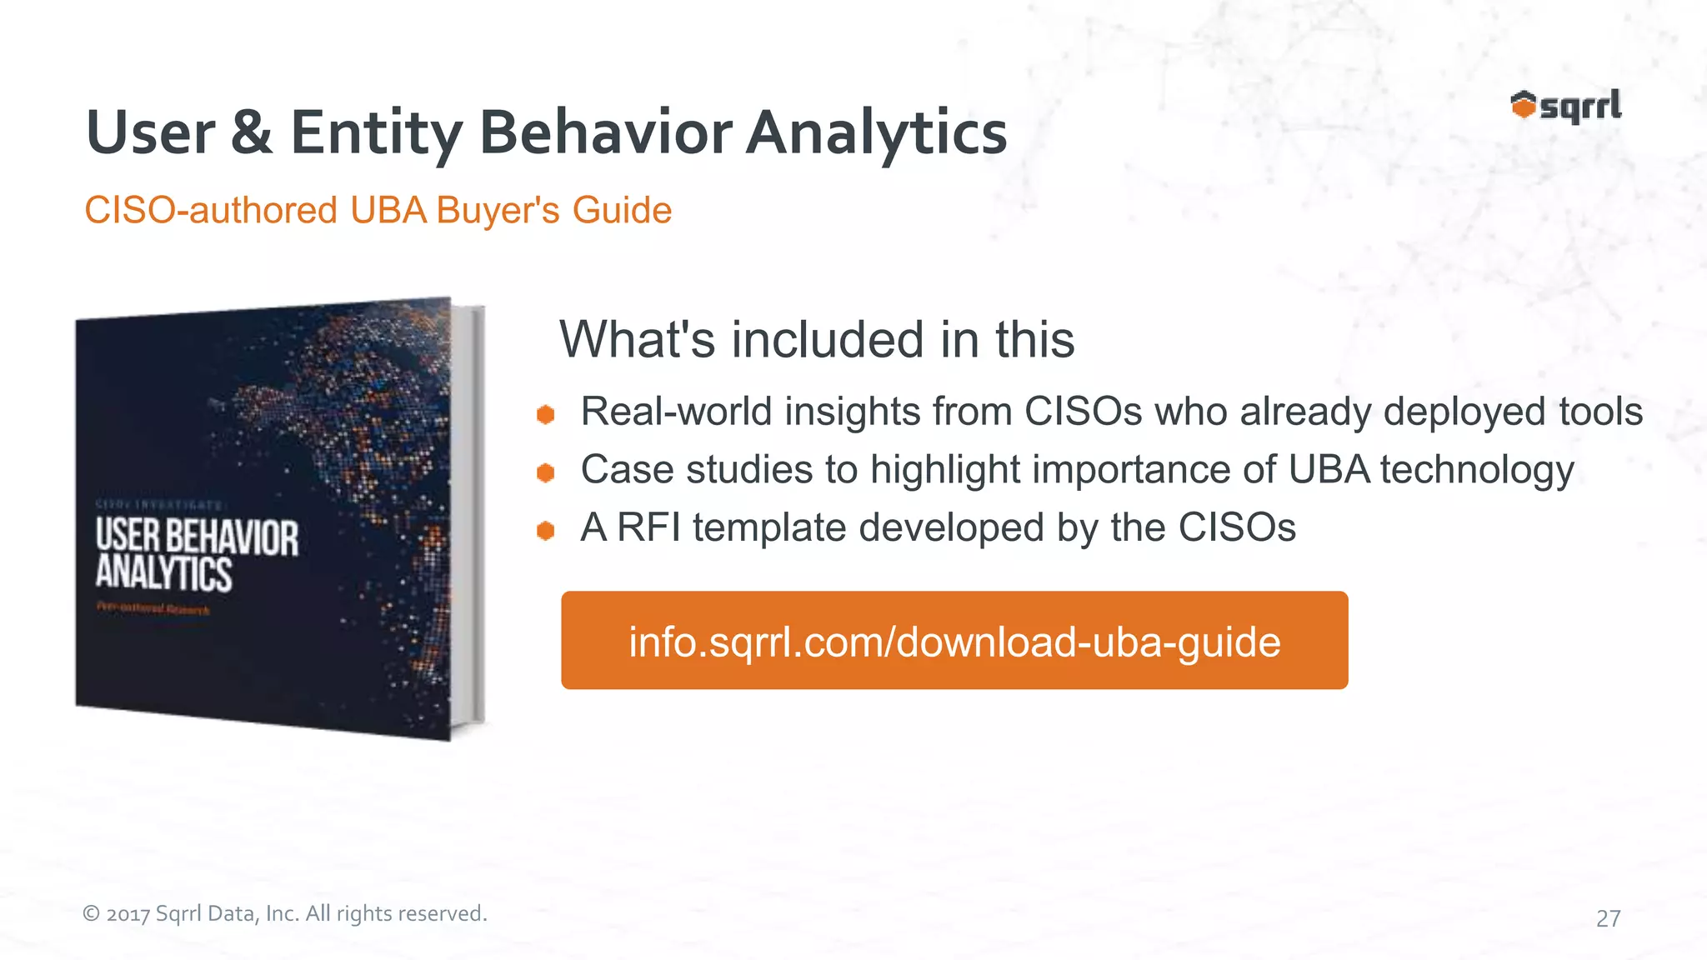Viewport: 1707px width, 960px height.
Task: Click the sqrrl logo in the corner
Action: coord(1565,107)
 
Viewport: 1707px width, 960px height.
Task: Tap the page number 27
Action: coord(1608,918)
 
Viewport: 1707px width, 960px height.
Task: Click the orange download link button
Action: coord(954,640)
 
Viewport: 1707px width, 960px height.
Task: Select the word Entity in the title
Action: coord(376,133)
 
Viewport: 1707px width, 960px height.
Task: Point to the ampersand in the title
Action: coord(252,133)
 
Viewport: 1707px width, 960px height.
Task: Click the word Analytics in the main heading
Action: coord(876,133)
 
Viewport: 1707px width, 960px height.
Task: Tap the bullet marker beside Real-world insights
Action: coord(546,414)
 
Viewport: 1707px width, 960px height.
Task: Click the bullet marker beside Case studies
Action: coord(546,472)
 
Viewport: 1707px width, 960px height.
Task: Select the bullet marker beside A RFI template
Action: coord(546,531)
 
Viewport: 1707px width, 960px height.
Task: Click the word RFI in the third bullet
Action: coord(648,527)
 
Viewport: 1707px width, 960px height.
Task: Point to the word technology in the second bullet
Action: coord(1476,470)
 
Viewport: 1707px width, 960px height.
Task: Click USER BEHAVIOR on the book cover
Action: coord(197,537)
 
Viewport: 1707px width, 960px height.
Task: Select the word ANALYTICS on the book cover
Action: coord(163,573)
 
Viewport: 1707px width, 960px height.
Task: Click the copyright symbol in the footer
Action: coord(91,914)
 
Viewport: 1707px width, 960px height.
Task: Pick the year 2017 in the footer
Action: coord(128,914)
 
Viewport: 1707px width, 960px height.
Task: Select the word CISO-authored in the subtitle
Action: coord(211,210)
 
